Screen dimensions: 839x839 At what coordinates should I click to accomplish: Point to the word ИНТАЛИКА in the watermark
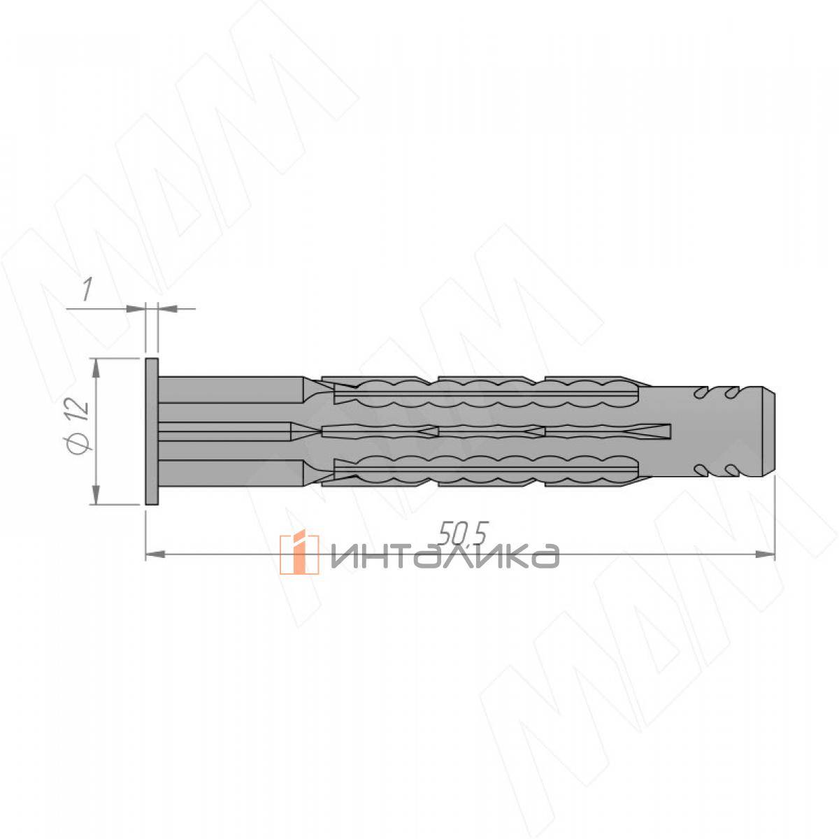tap(445, 556)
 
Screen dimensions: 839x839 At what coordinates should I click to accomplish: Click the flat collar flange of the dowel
tap(152, 431)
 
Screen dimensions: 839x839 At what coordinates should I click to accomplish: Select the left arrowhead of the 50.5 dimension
tap(155, 554)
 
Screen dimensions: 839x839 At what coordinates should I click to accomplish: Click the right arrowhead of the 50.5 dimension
tap(765, 554)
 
